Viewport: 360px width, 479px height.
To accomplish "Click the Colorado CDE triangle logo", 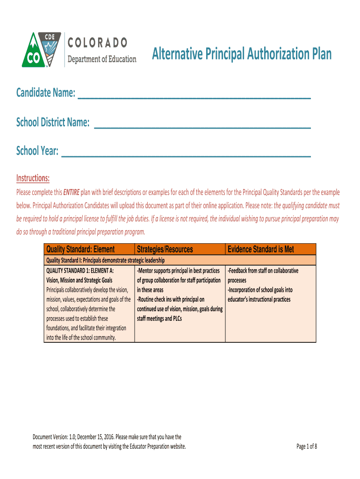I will click(x=41, y=50).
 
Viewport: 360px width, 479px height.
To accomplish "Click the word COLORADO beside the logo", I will click(x=98, y=43).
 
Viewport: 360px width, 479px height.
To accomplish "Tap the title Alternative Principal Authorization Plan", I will click(x=241, y=55).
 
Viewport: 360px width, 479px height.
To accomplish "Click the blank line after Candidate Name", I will click(x=194, y=95).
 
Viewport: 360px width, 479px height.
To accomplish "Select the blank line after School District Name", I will click(x=202, y=124).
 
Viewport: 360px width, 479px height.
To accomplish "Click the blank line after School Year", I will click(x=186, y=153).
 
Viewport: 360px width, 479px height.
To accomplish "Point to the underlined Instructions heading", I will click(x=33, y=178).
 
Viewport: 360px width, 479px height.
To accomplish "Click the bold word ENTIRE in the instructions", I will click(x=71, y=192).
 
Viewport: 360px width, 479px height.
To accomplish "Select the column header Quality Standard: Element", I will click(x=80, y=250).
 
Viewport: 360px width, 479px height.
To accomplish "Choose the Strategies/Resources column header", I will click(x=165, y=250).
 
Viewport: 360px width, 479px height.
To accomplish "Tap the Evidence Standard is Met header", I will click(x=260, y=250).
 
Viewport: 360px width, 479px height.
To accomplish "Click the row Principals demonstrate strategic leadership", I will click(x=105, y=260).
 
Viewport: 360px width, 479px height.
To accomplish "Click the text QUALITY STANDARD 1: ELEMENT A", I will click(x=80, y=271).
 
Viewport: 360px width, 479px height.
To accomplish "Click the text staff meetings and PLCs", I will click(x=159, y=319).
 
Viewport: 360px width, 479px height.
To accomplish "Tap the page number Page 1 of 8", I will click(x=307, y=446).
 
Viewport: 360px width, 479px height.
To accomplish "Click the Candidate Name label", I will click(x=46, y=94).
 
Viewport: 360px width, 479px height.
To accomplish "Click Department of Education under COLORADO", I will click(x=102, y=59).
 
